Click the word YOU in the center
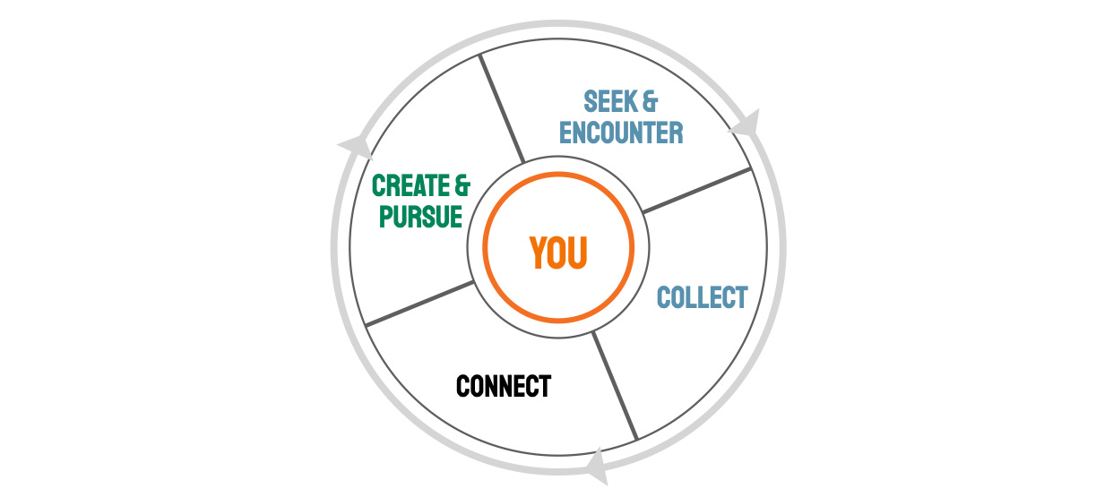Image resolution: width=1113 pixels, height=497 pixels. click(557, 253)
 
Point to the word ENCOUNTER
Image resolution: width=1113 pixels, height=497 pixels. click(621, 133)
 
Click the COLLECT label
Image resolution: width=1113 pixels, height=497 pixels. click(702, 297)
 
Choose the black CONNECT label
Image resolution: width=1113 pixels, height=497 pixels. click(503, 387)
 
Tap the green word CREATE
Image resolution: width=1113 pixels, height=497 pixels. click(410, 186)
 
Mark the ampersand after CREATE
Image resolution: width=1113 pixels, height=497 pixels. click(461, 186)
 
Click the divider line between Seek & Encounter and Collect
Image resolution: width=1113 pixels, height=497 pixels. click(696, 191)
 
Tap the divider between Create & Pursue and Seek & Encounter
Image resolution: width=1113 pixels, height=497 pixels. click(502, 108)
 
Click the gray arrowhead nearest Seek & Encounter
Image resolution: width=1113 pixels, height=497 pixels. click(746, 124)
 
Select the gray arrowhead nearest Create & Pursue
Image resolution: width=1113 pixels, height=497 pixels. click(355, 146)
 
